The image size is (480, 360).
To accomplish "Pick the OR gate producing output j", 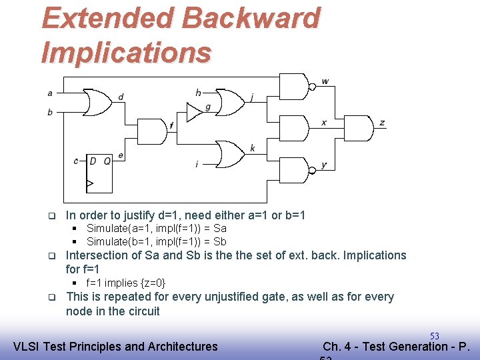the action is click(231, 101).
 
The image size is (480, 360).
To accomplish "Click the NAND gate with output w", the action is click(294, 86).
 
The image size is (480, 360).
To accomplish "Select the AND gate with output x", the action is click(293, 126).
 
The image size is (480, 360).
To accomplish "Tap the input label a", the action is click(50, 93).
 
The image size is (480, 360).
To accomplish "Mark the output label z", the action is click(382, 123).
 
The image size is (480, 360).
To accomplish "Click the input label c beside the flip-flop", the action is click(76, 161).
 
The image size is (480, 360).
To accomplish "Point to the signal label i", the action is click(197, 163).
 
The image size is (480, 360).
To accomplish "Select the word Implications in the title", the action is click(126, 52).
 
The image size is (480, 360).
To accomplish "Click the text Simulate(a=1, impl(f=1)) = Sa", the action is click(157, 228).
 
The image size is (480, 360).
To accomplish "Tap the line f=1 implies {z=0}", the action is click(126, 283).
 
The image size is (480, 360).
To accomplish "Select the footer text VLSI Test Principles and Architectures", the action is click(115, 346).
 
